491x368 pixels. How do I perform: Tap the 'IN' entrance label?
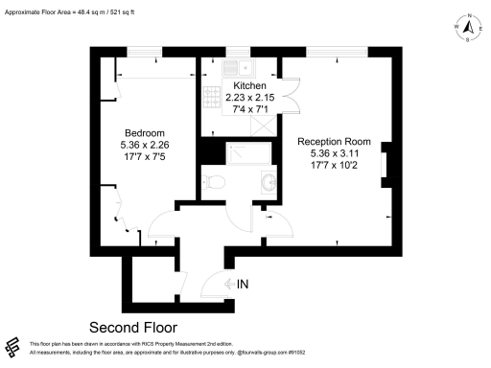pos(243,284)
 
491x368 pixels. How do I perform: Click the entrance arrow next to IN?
pos(226,284)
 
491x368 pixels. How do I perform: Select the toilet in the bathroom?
pos(215,182)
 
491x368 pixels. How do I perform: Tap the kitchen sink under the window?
pos(236,67)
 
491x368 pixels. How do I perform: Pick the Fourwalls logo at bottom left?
pos(13,347)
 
